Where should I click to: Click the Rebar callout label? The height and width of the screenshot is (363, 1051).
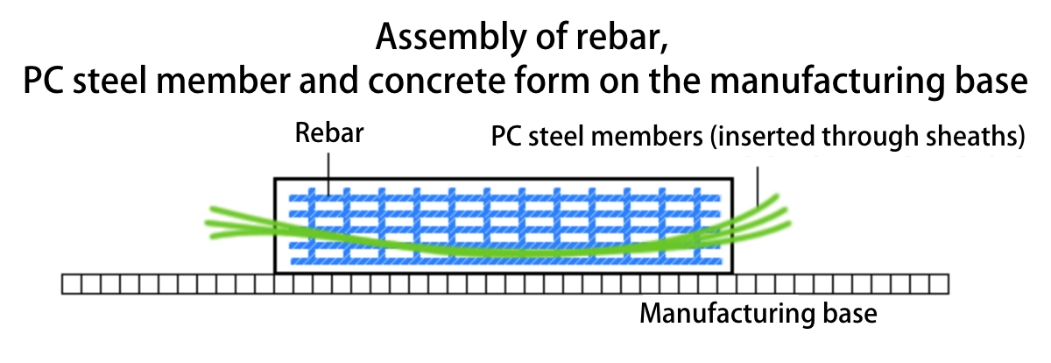[x=329, y=135]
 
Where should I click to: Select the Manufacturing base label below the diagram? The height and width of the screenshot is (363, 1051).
[x=758, y=313]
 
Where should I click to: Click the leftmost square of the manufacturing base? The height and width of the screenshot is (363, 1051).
[x=71, y=285]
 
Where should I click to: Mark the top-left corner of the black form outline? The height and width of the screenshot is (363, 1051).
[x=275, y=179]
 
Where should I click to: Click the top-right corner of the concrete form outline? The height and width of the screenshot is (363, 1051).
[x=735, y=179]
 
